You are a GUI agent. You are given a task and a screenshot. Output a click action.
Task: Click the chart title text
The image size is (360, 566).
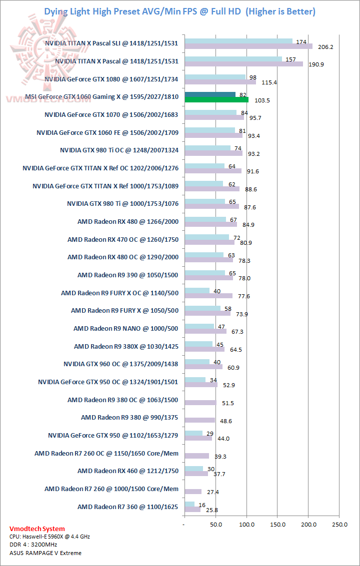point(180,11)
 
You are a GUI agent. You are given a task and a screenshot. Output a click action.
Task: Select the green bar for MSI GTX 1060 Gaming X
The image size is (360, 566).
point(216,99)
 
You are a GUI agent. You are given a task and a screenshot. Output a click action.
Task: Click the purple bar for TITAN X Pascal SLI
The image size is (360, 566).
point(248,46)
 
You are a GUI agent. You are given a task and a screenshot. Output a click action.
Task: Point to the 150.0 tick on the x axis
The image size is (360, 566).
point(277,525)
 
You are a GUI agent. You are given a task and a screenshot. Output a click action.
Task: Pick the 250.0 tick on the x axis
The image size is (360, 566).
point(339,525)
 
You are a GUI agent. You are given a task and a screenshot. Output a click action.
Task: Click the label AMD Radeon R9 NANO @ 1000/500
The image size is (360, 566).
point(125,328)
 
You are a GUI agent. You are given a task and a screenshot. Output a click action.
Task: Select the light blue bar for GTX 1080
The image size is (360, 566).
point(214,77)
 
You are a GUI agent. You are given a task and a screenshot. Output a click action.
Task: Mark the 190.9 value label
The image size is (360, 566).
point(316,64)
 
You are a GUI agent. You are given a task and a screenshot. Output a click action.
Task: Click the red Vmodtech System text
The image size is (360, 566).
point(37,529)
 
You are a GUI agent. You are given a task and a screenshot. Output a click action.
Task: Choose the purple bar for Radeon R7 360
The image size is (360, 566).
point(192,510)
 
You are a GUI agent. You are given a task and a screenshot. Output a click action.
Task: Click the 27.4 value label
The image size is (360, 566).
point(214,492)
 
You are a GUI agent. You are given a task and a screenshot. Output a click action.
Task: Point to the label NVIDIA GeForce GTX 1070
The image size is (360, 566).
point(111,114)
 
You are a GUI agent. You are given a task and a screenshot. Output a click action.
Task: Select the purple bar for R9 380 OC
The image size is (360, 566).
point(200,402)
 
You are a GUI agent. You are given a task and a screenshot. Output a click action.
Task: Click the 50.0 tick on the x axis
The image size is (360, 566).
point(215,525)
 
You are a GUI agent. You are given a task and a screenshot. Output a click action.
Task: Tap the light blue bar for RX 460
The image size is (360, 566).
point(193,469)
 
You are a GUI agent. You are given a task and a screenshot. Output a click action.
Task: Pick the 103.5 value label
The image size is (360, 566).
point(261,100)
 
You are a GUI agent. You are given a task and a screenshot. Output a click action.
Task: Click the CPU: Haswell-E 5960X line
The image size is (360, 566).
point(49,537)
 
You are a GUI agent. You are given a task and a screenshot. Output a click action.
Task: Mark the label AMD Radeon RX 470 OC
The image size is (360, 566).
point(123,239)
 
